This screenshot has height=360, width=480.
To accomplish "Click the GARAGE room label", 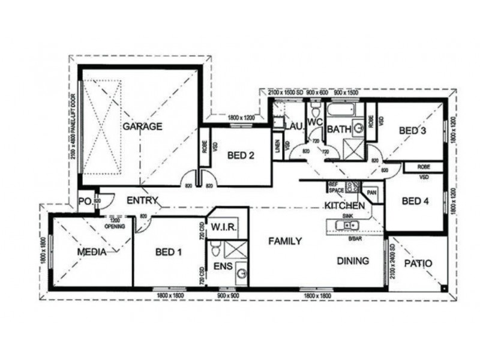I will (x=143, y=127).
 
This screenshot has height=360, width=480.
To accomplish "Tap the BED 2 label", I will (x=241, y=155).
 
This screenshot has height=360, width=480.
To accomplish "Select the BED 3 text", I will (x=413, y=131).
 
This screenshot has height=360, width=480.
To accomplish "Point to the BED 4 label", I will (x=415, y=201).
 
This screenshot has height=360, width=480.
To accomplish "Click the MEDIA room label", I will (x=92, y=252).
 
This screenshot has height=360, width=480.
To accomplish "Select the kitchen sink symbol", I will (x=347, y=225).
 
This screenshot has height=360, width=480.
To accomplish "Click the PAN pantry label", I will (x=371, y=193).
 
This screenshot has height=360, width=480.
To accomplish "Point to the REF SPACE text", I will (x=335, y=187).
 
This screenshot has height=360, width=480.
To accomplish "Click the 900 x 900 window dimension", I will (x=229, y=296).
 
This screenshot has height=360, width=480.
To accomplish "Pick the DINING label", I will (x=352, y=261).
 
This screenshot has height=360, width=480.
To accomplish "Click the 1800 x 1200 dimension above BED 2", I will (x=241, y=118).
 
